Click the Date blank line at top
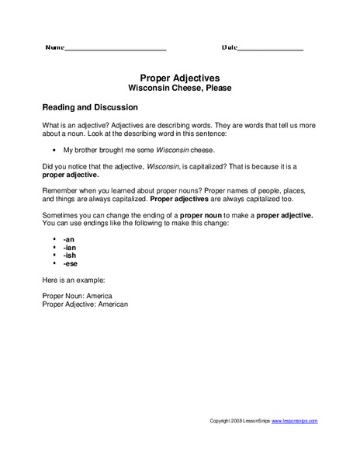[x=271, y=49]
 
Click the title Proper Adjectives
[x=179, y=78]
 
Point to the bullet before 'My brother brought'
[x=54, y=149]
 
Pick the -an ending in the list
[x=69, y=241]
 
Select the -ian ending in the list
[x=70, y=249]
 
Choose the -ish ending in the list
[x=71, y=256]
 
